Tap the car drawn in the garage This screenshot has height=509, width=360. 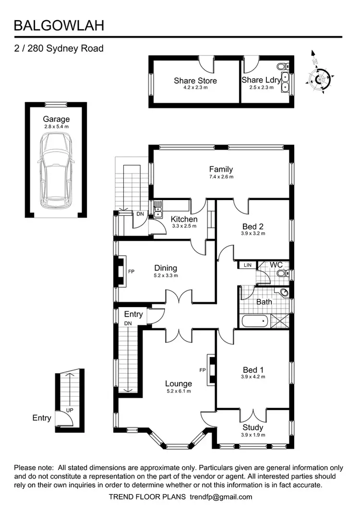[x=56, y=171]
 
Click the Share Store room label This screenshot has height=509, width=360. [x=195, y=81]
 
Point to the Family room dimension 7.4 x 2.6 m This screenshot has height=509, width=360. [x=221, y=177]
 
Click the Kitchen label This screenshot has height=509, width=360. [x=184, y=219]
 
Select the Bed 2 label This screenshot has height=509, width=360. [x=253, y=226]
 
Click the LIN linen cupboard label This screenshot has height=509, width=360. [x=248, y=265]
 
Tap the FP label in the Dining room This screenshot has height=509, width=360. [x=131, y=272]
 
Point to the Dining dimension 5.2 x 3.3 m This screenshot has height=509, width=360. [x=166, y=275]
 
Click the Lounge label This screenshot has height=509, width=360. [x=178, y=383]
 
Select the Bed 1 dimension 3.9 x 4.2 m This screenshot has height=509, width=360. [x=253, y=377]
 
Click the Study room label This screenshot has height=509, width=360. [x=252, y=427]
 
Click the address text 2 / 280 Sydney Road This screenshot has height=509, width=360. [x=59, y=48]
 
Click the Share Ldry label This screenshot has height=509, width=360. [x=261, y=80]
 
